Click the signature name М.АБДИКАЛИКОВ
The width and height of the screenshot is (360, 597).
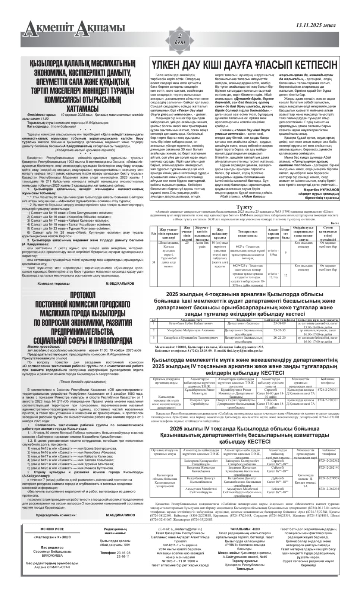click(x=120, y=515)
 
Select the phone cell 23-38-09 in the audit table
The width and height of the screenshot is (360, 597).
click(x=279, y=323)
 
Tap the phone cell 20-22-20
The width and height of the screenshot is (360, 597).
click(x=279, y=337)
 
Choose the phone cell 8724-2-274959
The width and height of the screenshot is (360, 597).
click(x=329, y=478)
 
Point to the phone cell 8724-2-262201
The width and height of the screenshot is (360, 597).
click(x=329, y=488)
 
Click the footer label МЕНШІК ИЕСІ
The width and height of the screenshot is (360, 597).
click(x=52, y=529)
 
